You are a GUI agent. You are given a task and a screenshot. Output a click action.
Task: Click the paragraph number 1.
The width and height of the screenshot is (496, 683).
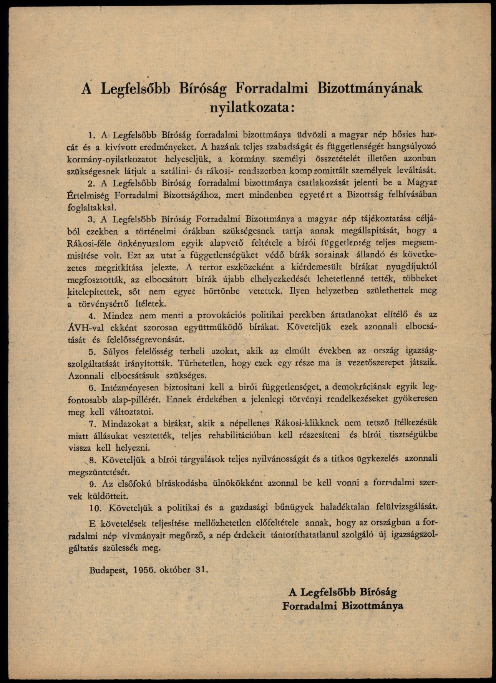tap(91, 135)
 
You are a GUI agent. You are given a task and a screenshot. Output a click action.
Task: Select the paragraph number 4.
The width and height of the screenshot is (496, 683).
tap(91, 316)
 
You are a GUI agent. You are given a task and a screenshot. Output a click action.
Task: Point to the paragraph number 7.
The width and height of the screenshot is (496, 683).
tap(91, 423)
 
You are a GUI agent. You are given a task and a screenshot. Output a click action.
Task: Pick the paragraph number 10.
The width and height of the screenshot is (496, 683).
tap(95, 507)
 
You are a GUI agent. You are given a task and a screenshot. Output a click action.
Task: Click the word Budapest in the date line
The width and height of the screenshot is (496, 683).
tap(108, 570)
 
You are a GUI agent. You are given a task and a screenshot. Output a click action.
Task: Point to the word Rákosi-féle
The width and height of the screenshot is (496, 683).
tap(86, 243)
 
